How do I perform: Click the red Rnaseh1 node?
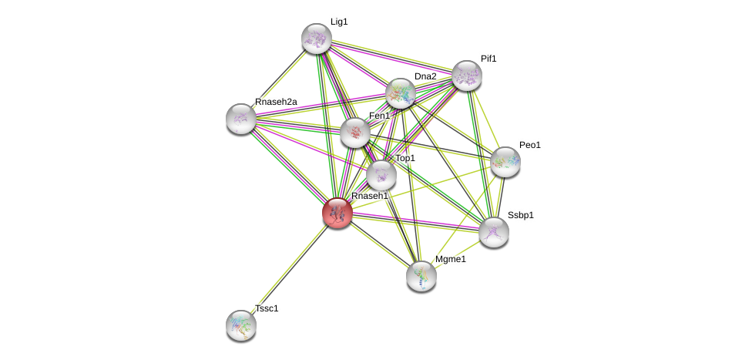tap(337, 212)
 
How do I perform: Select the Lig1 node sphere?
tap(316, 39)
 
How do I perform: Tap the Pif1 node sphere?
tap(466, 76)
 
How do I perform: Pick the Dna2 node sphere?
tap(400, 93)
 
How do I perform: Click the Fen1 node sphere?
tap(354, 133)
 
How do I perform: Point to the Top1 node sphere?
tap(381, 175)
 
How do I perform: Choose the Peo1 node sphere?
tap(505, 162)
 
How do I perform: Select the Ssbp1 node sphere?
tap(493, 231)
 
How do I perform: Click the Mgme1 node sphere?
tap(421, 275)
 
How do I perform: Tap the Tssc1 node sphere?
tap(240, 325)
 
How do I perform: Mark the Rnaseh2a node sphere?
tap(240, 118)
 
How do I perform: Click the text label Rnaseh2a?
tap(276, 102)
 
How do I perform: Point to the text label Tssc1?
tap(267, 308)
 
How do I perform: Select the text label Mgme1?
tap(450, 259)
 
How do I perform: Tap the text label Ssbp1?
tap(520, 215)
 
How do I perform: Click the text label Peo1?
tap(529, 145)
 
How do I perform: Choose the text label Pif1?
tap(488, 59)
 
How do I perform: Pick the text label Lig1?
tap(339, 22)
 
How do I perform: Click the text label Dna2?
tap(425, 76)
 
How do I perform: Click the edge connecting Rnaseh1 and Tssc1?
tap(289, 268)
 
